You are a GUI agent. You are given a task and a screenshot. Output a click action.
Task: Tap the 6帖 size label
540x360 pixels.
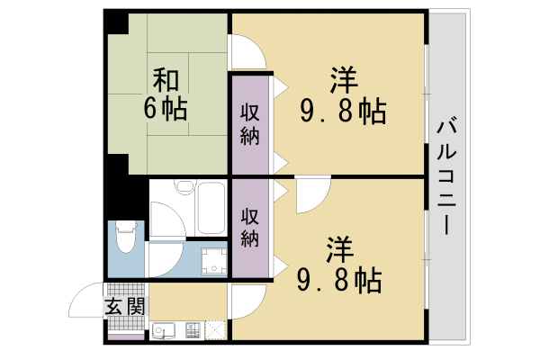click(164, 109)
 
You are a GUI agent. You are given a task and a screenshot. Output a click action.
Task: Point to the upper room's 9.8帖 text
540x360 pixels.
click(343, 112)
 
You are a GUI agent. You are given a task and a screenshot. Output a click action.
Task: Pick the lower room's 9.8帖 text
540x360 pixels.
click(339, 279)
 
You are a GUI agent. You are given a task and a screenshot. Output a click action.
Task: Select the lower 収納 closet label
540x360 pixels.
click(249, 228)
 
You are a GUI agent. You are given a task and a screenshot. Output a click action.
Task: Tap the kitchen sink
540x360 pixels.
click(166, 332)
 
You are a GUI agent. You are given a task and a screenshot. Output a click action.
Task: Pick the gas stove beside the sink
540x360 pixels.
click(193, 332)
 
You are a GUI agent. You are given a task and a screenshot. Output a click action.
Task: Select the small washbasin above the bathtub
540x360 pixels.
click(185, 188)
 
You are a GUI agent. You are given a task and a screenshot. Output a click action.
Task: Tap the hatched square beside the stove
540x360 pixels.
click(217, 332)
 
